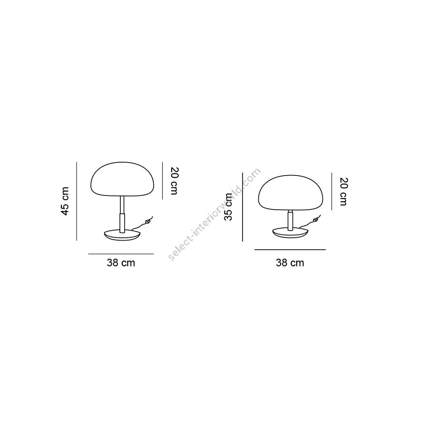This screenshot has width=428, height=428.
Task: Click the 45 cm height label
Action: coord(65,201)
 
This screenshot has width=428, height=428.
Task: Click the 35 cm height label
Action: coord(228,207)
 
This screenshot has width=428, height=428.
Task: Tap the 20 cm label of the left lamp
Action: coord(174,181)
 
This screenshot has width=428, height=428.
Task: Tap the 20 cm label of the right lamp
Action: coord(344,192)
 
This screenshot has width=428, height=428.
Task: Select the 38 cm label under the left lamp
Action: coord(121,263)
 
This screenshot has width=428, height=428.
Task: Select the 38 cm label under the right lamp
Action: coord(290,263)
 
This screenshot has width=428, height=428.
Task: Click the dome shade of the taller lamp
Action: coord(122,179)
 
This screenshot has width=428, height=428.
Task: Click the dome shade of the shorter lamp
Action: coord(291,193)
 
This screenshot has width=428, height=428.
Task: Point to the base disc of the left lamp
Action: coord(122,235)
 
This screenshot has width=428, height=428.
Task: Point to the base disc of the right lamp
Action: coord(291,232)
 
